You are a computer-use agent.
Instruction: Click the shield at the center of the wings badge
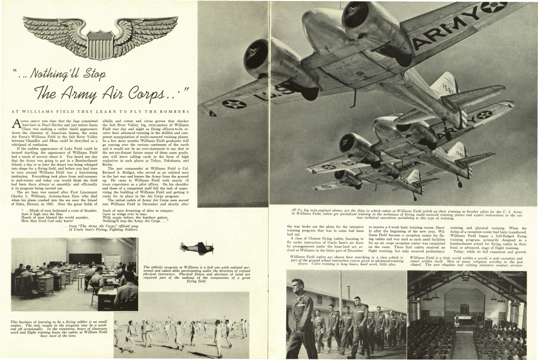pyautogui.click(x=100, y=44)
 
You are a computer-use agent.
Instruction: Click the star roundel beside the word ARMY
pyautogui.click(x=493, y=7)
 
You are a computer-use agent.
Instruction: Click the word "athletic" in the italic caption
pyautogui.click(x=160, y=267)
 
